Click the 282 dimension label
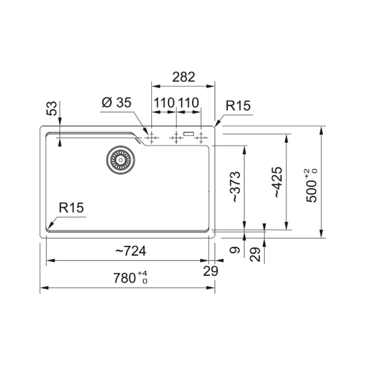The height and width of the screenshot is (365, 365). pos(184,77)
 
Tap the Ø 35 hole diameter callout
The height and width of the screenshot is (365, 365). pos(116,103)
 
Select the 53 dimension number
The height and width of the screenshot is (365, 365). pos(52,108)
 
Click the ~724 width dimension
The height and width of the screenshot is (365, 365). pos(131,251)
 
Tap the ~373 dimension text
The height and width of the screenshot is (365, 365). pos(235,187)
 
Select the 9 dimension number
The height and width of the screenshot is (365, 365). pos(235,250)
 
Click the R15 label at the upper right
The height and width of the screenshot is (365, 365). pos(238,106)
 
